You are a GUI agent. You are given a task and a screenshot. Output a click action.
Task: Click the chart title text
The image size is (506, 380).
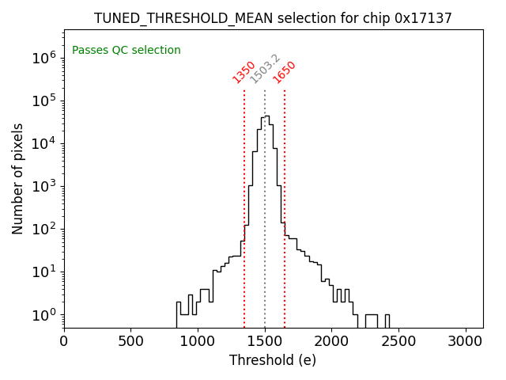(273, 18)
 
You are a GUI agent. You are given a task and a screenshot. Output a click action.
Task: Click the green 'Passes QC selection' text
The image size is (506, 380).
(126, 51)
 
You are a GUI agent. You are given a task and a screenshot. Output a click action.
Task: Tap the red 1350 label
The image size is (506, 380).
(244, 71)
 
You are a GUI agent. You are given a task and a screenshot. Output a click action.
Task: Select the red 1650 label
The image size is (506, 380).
(285, 71)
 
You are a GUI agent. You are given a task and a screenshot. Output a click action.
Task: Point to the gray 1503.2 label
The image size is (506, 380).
(265, 69)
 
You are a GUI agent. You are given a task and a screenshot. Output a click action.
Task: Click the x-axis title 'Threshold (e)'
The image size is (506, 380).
(273, 360)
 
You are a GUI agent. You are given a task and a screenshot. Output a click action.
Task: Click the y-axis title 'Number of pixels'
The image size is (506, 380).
(18, 178)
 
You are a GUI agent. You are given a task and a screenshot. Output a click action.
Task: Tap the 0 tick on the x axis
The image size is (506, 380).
(64, 341)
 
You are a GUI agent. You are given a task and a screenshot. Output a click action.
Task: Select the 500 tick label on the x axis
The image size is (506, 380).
(130, 341)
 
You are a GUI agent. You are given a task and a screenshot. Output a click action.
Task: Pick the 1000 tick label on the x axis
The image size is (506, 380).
(198, 341)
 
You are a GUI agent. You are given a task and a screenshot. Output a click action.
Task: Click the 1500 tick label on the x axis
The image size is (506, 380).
(265, 341)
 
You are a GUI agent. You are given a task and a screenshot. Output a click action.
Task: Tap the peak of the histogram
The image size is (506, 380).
(266, 116)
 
